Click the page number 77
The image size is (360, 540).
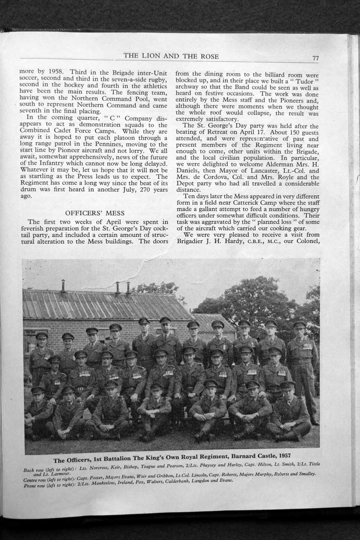point(315,59)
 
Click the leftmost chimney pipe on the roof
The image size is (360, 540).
point(63,286)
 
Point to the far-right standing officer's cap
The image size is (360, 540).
point(299,324)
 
